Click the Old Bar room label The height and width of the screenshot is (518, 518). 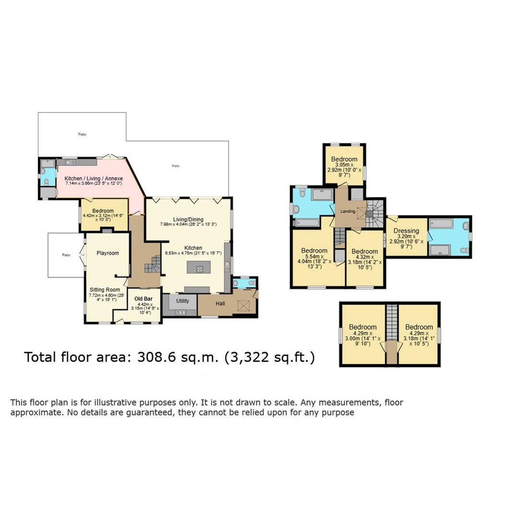click(x=144, y=298)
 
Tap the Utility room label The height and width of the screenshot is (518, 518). click(x=182, y=301)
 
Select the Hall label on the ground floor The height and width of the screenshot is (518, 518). click(x=220, y=303)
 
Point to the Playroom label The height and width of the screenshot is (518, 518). click(x=107, y=253)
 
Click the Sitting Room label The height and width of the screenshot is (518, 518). click(x=105, y=290)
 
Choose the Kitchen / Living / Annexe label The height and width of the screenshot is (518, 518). click(x=94, y=178)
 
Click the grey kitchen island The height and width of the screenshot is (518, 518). click(x=195, y=268)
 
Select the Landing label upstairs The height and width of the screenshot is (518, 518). click(x=347, y=212)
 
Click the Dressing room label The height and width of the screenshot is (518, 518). click(x=406, y=231)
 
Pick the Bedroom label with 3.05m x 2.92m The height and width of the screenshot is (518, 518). click(x=344, y=159)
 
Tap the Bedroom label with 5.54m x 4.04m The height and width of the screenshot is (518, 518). click(x=314, y=250)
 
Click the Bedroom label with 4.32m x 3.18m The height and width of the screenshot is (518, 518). click(x=365, y=251)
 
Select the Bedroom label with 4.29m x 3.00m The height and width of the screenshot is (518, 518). click(x=363, y=327)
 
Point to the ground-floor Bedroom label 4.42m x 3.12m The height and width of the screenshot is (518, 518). click(x=103, y=211)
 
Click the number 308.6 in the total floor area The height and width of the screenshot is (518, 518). click(x=156, y=357)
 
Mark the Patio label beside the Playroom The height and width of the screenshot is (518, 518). click(x=66, y=255)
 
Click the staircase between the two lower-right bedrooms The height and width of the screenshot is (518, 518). click(x=392, y=321)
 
